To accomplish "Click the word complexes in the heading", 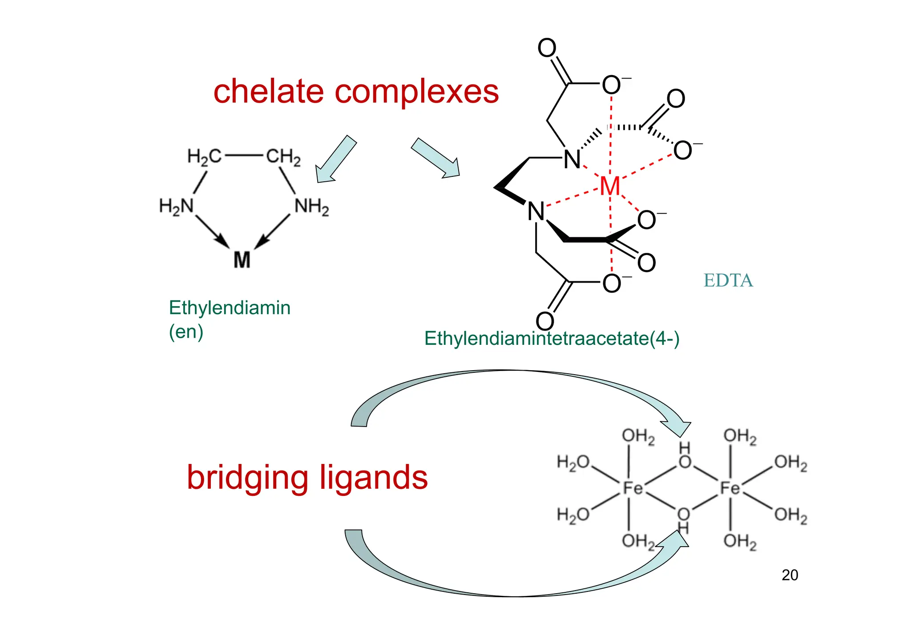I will pyautogui.click(x=416, y=92).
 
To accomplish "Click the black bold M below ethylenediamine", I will pyautogui.click(x=242, y=260).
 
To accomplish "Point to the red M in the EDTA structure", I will pyautogui.click(x=609, y=186).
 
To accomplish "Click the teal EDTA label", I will pyautogui.click(x=728, y=280).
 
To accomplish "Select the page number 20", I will pyautogui.click(x=790, y=575).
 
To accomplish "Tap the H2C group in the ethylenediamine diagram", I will pyautogui.click(x=204, y=157).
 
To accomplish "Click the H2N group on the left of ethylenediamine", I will pyautogui.click(x=177, y=207).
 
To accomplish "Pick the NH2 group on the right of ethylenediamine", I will pyautogui.click(x=312, y=207).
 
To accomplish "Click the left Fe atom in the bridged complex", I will pyautogui.click(x=633, y=488).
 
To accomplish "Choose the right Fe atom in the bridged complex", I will pyautogui.click(x=730, y=488).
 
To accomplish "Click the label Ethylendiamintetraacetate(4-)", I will pyautogui.click(x=552, y=339).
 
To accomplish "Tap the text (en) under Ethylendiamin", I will pyautogui.click(x=186, y=331).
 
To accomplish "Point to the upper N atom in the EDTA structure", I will pyautogui.click(x=572, y=160).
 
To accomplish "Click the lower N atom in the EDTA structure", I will pyautogui.click(x=536, y=212).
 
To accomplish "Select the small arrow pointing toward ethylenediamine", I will pyautogui.click(x=336, y=159).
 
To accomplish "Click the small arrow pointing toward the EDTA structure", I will pyautogui.click(x=435, y=158).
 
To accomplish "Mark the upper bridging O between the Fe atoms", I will pyautogui.click(x=685, y=462).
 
